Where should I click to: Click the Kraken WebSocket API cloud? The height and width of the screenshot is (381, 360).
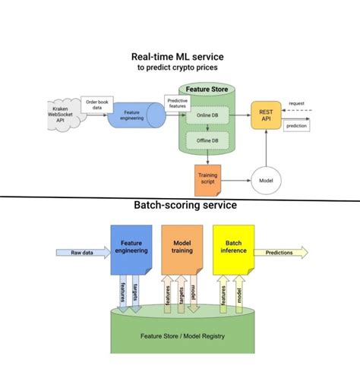pyautogui.click(x=65, y=116)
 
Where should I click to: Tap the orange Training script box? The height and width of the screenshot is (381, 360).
pyautogui.click(x=207, y=181)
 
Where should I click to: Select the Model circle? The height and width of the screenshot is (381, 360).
pyautogui.click(x=266, y=181)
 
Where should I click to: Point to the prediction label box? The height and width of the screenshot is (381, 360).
pyautogui.click(x=297, y=125)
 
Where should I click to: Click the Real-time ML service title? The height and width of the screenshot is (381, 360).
pyautogui.click(x=180, y=55)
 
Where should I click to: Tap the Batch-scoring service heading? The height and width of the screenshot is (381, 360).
pyautogui.click(x=180, y=205)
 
